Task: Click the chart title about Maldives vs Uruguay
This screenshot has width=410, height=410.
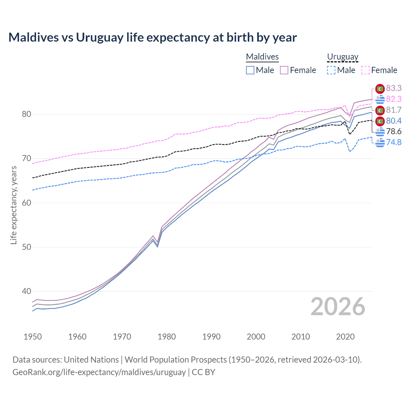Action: (x=152, y=37)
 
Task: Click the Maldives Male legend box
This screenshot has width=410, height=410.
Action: (x=250, y=70)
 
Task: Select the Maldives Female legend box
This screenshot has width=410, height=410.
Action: (x=284, y=70)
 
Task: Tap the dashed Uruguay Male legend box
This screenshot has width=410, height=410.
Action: (x=331, y=70)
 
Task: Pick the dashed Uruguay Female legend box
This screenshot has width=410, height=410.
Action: (x=365, y=70)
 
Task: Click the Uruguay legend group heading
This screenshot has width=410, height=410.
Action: (x=342, y=57)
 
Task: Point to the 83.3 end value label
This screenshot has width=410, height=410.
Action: (x=394, y=88)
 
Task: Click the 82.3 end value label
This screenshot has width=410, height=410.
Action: (x=394, y=99)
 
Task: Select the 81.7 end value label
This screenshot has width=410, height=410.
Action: (x=394, y=110)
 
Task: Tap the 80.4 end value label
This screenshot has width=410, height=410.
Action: (x=394, y=121)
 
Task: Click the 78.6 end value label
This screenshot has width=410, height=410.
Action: (x=394, y=131)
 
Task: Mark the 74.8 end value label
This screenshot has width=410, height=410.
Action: (x=394, y=142)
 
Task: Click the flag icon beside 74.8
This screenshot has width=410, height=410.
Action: (x=380, y=142)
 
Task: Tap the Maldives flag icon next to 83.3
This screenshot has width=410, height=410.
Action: (x=380, y=89)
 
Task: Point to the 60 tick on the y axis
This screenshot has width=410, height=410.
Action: (x=27, y=203)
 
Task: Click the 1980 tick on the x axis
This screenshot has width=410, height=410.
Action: (x=167, y=337)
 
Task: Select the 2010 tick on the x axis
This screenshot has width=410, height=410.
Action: (x=300, y=337)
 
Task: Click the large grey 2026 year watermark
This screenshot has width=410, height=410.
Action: (x=338, y=307)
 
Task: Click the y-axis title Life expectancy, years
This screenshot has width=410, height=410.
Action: (x=14, y=205)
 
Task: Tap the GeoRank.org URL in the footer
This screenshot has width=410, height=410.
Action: (x=99, y=372)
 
